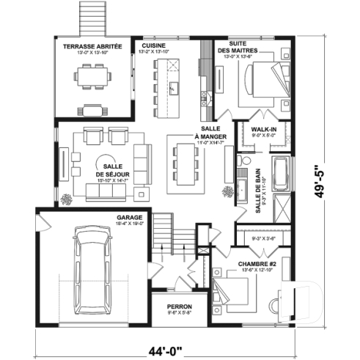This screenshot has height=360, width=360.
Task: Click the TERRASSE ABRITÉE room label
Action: point(92,45)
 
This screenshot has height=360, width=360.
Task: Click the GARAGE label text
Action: point(128,218)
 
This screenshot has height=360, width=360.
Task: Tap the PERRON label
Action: point(179,306)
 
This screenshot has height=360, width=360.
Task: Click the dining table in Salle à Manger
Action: point(184,162)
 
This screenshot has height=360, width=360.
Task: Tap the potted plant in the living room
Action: point(68,199)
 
